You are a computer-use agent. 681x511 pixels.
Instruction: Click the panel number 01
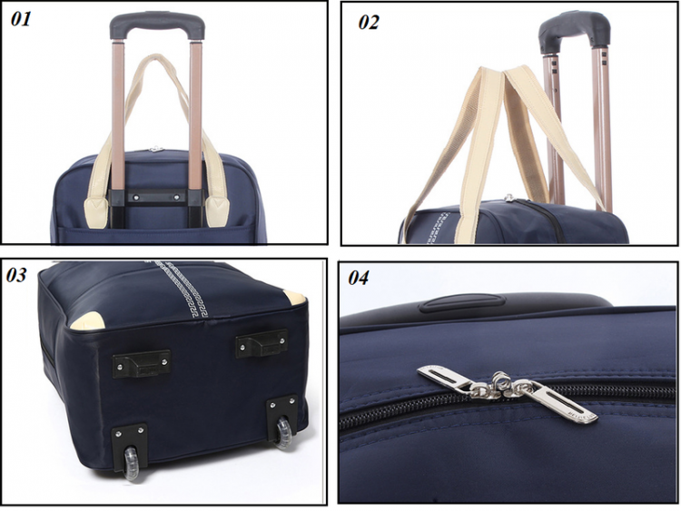pyautogui.click(x=20, y=19)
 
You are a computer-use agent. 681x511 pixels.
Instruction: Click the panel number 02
pyautogui.click(x=369, y=22)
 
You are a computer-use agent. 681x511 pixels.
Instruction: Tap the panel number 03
pyautogui.click(x=16, y=275)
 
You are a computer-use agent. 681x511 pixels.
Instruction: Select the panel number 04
pyautogui.click(x=359, y=278)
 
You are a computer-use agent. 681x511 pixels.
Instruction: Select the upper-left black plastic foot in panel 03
pyautogui.click(x=142, y=363)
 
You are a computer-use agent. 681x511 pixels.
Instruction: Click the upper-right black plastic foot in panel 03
pyautogui.click(x=262, y=343)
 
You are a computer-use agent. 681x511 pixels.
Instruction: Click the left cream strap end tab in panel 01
pyautogui.click(x=96, y=212)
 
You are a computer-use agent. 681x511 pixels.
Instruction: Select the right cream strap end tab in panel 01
pyautogui.click(x=217, y=211)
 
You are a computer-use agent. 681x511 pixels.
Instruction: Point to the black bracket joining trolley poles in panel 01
pyautogui.click(x=157, y=198)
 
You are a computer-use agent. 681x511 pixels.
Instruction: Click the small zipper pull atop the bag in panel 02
pyautogui.click(x=509, y=199)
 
